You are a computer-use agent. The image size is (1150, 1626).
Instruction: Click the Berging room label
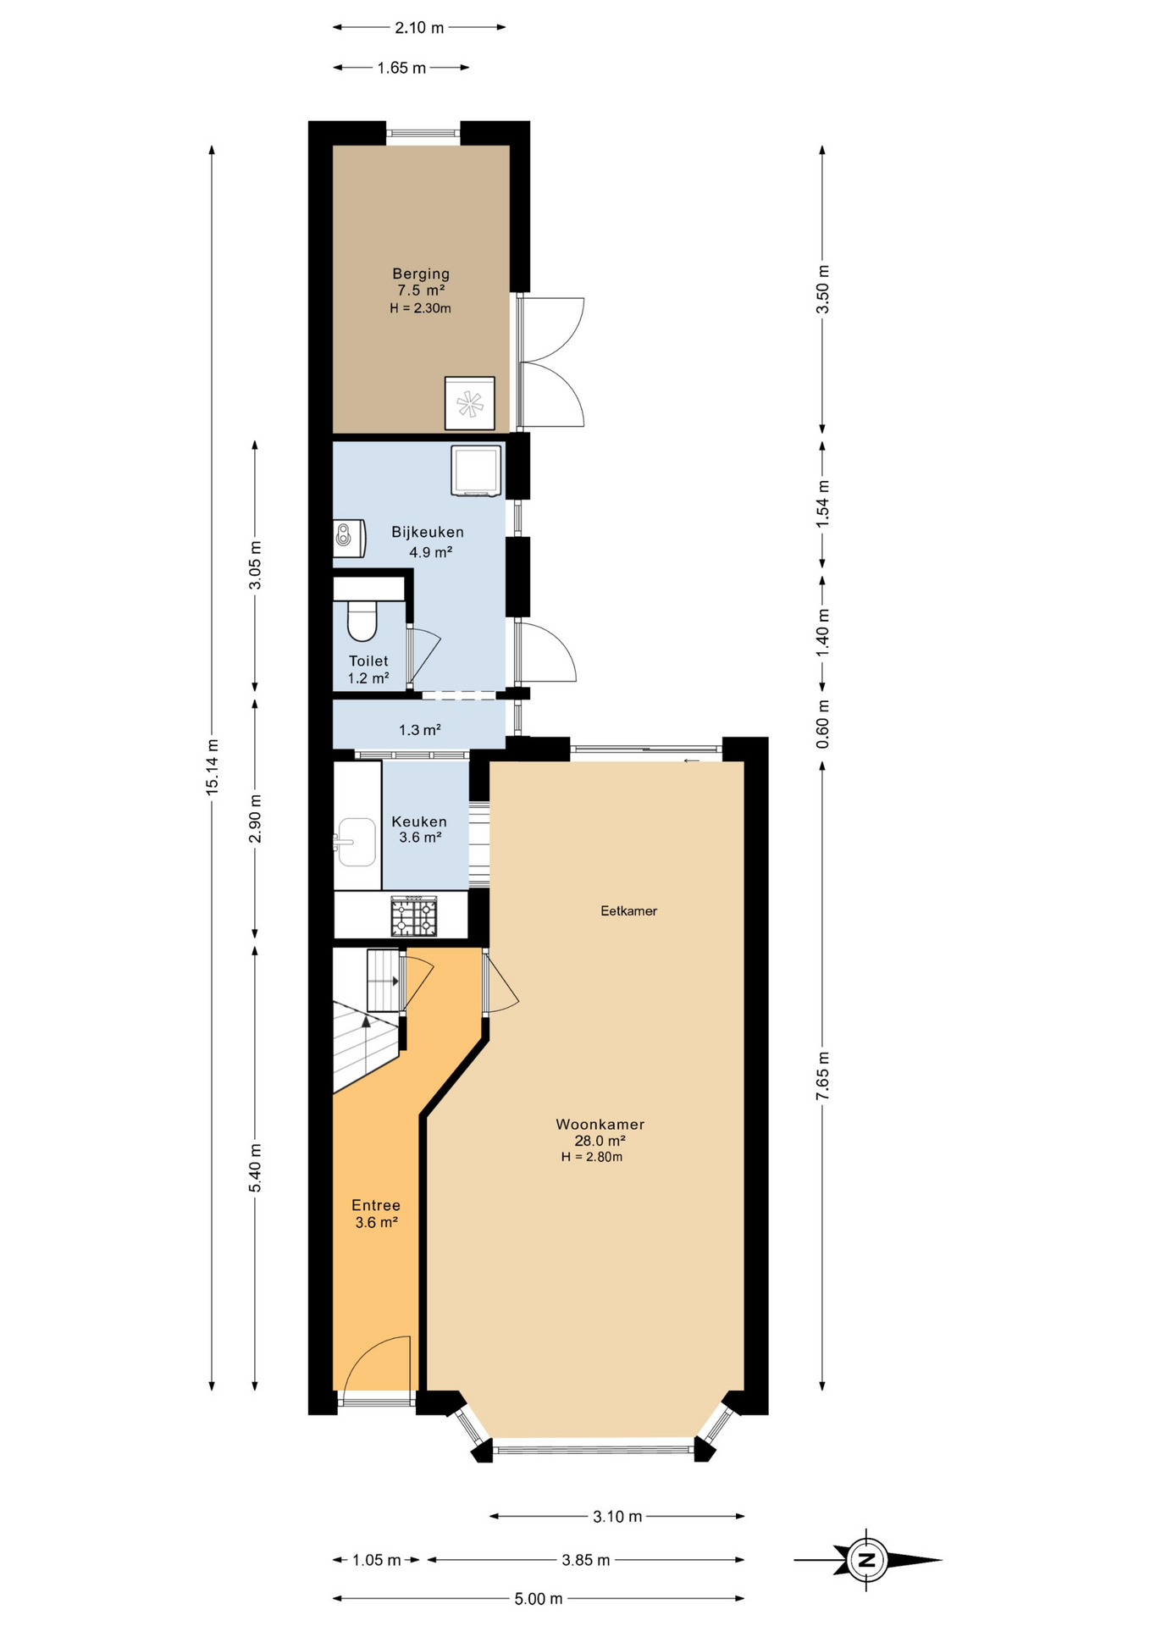point(420,274)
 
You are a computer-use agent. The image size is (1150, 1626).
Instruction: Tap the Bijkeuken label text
point(427,532)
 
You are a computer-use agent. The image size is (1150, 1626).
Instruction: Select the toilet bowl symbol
point(362,622)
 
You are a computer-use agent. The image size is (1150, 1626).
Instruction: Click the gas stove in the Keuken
point(414,916)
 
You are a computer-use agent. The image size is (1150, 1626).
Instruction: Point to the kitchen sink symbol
point(356,842)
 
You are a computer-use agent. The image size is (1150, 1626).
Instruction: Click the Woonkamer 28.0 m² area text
point(600,1140)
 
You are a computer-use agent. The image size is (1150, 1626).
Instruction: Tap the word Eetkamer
point(628,910)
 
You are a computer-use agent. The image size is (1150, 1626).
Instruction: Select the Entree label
point(376,1205)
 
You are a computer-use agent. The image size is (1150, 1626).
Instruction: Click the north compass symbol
point(866,1560)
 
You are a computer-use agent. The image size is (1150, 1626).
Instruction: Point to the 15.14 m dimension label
point(213,766)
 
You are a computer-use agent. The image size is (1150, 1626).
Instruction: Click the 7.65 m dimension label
point(822,1076)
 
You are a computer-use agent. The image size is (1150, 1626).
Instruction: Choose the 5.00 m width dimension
point(539,1599)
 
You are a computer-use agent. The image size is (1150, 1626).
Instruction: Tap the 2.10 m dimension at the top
point(419,27)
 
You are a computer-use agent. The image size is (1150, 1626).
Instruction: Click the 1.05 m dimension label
point(376,1560)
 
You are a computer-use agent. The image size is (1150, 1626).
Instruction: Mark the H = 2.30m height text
point(420,308)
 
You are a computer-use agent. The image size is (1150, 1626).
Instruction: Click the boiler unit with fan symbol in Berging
point(469,403)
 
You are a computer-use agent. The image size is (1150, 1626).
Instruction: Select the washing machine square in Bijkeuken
point(476,470)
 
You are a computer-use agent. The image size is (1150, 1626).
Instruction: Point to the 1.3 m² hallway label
point(420,729)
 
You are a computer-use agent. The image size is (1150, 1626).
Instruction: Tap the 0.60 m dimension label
point(822,723)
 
